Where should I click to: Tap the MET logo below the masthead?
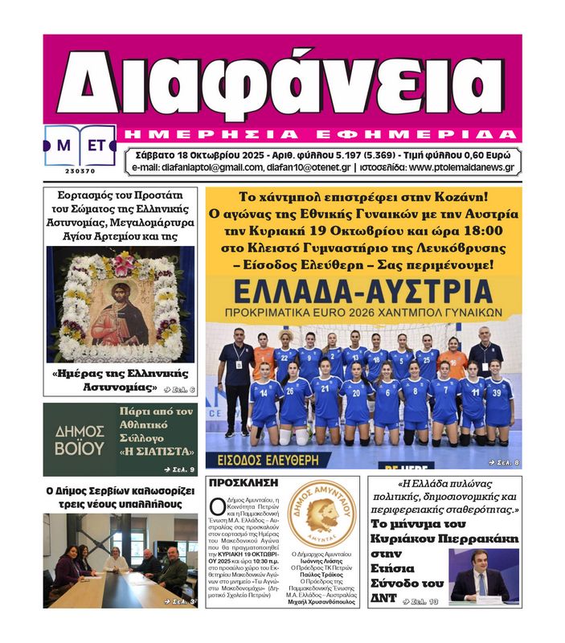(80, 145)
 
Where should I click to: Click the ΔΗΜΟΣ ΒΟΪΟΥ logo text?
(79, 440)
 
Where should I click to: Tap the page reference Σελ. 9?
(179, 469)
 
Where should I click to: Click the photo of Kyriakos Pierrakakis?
(480, 575)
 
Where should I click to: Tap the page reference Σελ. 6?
(179, 390)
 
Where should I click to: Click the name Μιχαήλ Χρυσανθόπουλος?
(321, 602)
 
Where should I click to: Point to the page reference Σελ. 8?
(504, 462)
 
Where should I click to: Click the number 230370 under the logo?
(80, 170)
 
